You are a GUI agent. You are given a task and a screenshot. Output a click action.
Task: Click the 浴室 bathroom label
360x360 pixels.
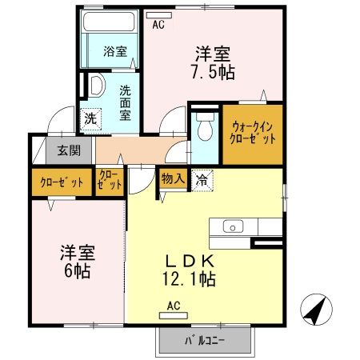[x=114, y=53]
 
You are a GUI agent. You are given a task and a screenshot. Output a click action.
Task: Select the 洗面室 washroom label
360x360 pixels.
[x=126, y=102]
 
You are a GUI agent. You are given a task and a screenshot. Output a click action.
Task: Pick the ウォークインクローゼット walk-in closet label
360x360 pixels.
[x=250, y=131]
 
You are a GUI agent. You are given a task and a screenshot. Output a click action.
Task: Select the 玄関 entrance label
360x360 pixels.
[x=63, y=150]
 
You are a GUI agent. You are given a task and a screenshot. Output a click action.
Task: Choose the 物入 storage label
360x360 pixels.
[x=173, y=178]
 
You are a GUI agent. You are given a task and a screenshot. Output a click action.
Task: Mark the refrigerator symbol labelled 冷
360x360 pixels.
[x=203, y=179]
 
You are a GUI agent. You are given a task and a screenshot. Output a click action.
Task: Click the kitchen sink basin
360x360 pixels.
[x=232, y=226]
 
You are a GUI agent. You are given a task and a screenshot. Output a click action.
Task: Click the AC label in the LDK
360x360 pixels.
[x=174, y=304]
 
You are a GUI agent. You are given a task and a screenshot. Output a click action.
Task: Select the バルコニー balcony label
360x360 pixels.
[x=205, y=341]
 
